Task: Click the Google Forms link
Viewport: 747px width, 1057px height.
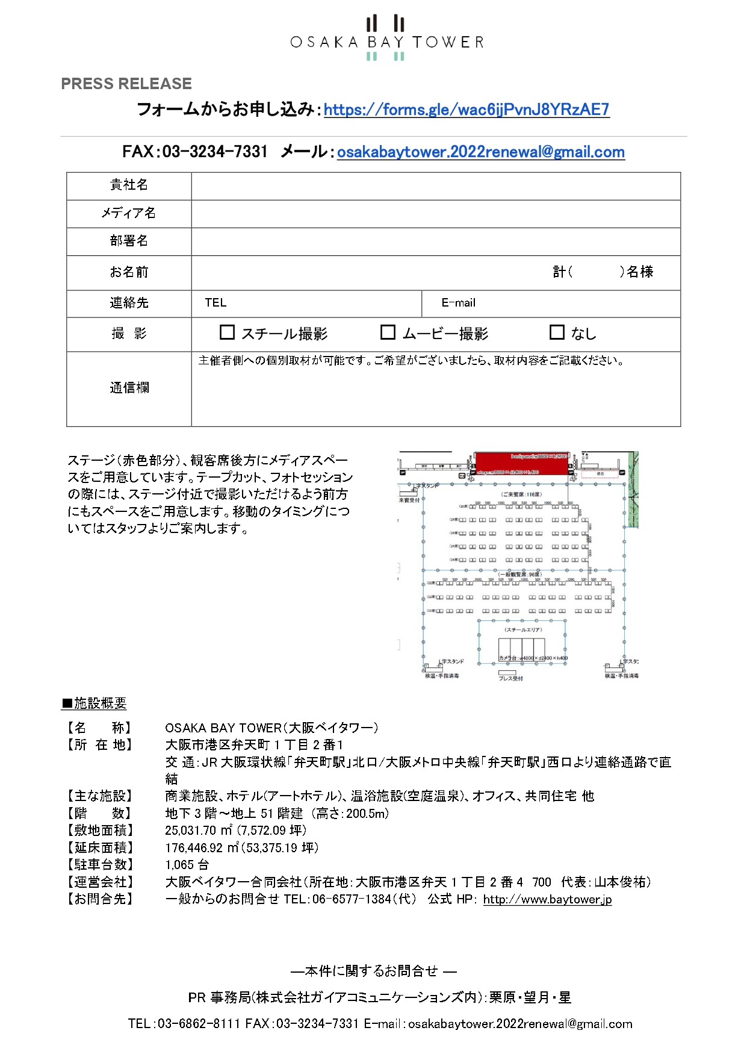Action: [466, 110]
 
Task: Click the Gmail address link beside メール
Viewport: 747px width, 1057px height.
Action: [480, 152]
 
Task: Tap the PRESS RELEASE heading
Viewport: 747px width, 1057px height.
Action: [126, 84]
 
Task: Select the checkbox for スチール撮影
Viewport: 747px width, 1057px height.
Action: [227, 332]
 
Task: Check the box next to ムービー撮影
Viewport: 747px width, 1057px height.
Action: [388, 332]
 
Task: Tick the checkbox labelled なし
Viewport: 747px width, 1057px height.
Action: [557, 332]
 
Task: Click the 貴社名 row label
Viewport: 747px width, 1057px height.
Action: [129, 185]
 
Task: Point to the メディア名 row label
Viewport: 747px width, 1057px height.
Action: [129, 213]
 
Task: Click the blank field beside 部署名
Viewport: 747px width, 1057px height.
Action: [436, 241]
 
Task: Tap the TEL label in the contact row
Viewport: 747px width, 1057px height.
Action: [215, 303]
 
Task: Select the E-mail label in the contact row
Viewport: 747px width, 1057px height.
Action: [458, 303]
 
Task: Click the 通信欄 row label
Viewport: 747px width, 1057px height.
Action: [129, 388]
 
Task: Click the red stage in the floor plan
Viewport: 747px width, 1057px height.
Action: [521, 463]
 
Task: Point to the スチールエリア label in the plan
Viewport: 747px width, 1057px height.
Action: [523, 629]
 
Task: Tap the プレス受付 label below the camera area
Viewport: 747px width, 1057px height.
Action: [510, 678]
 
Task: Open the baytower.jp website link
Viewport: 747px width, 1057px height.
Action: [547, 899]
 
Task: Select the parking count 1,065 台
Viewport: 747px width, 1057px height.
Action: [187, 865]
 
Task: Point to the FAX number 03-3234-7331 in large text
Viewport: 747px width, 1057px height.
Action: [214, 152]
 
